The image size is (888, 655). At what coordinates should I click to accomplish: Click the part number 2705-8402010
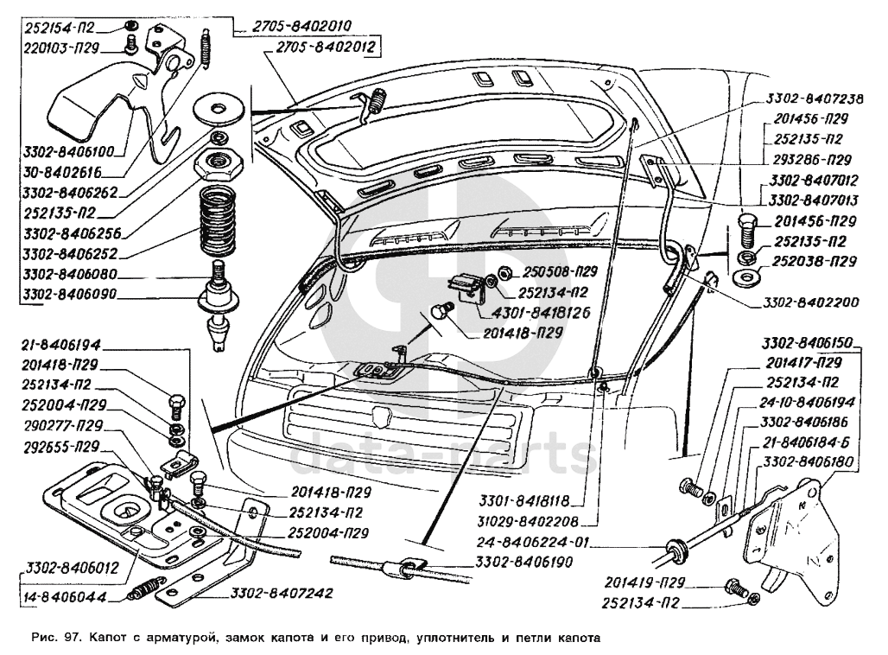point(296,26)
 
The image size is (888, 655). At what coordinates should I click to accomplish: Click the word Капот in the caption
point(111,639)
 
